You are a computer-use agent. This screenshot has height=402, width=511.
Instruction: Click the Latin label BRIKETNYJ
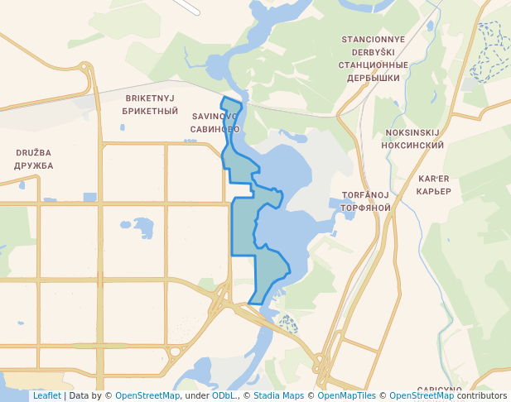tap(150, 98)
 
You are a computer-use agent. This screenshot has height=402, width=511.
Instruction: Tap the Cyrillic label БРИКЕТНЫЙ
tap(150, 110)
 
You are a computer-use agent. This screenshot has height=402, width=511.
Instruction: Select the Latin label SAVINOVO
tap(215, 117)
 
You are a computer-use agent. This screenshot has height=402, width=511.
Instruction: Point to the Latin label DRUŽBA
tap(33, 153)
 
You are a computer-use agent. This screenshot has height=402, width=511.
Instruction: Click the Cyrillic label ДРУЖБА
tap(33, 165)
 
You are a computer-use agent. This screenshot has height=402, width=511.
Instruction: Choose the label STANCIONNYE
tap(374, 40)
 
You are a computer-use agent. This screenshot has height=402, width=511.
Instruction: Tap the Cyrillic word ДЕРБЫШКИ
tap(374, 78)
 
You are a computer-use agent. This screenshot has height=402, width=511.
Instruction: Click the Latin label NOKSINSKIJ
tap(412, 132)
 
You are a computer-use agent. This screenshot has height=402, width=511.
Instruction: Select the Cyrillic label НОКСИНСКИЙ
tap(412, 145)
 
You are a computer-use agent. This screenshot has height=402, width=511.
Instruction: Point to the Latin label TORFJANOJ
tap(365, 195)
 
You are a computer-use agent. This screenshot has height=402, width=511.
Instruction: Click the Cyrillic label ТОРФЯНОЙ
tap(365, 208)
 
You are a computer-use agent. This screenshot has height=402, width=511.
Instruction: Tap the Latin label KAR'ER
tap(434, 179)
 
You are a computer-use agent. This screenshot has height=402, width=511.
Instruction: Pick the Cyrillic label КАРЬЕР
tap(434, 191)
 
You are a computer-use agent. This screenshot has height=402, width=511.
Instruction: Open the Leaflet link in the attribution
tap(46, 396)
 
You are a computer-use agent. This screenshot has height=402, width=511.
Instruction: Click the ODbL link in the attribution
tap(224, 396)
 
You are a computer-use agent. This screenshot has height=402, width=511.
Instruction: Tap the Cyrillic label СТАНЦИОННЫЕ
tap(374, 65)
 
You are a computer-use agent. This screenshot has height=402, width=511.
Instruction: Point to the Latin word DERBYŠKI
tap(374, 52)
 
